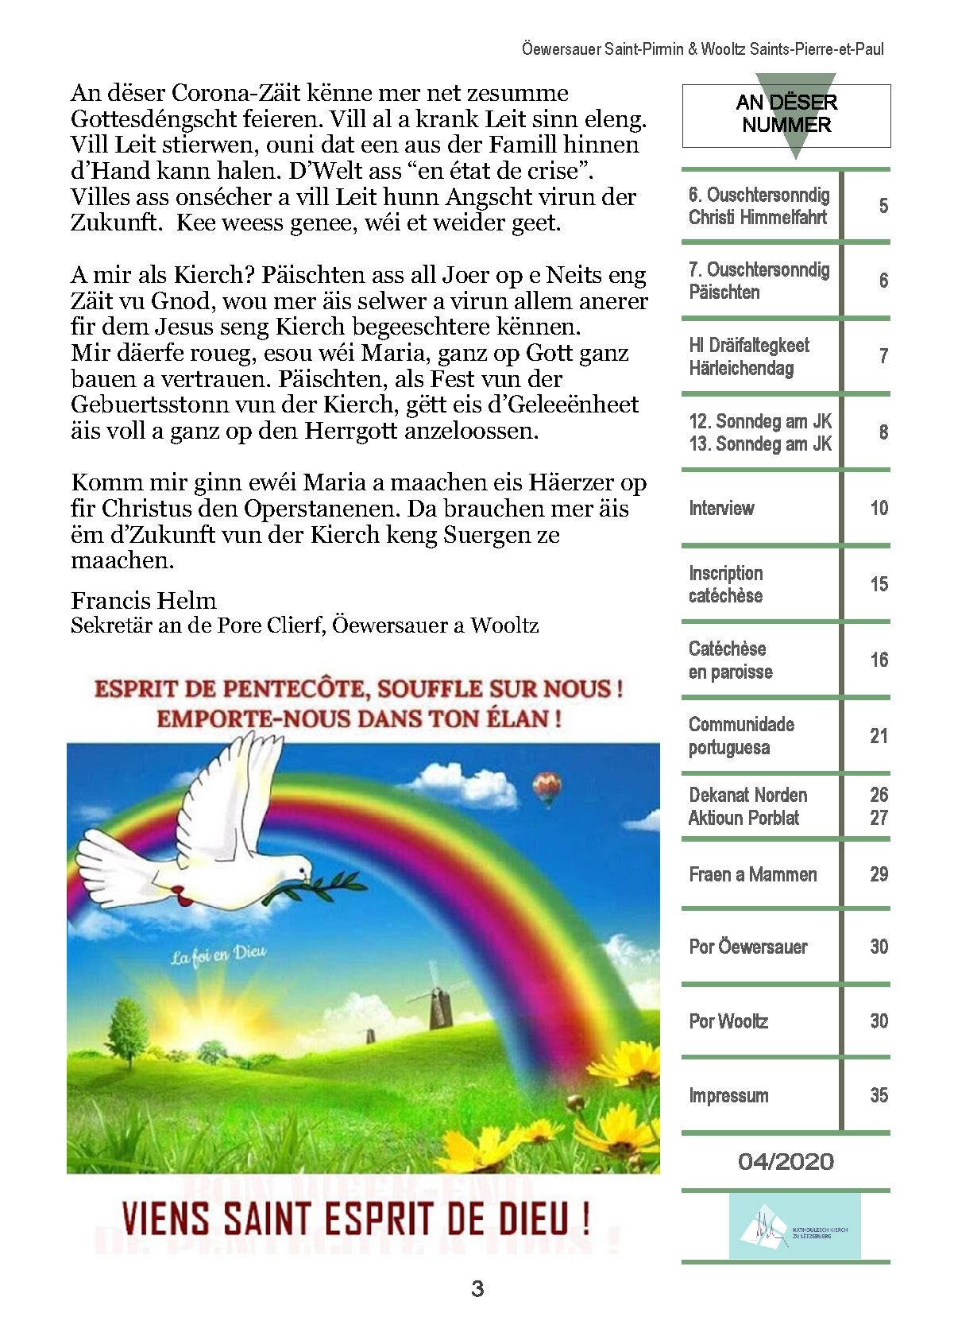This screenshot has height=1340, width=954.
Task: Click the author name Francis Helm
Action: pyautogui.click(x=143, y=600)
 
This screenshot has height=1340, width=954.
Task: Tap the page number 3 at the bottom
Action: pyautogui.click(x=477, y=1288)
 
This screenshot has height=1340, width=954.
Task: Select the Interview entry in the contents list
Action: pyautogui.click(x=721, y=508)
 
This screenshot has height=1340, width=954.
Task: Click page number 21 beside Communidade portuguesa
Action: pyautogui.click(x=879, y=736)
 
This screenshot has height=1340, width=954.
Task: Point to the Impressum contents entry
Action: pyautogui.click(x=728, y=1095)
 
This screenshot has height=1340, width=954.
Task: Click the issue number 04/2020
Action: pyautogui.click(x=786, y=1162)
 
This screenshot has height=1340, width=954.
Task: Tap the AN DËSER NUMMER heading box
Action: pyautogui.click(x=786, y=114)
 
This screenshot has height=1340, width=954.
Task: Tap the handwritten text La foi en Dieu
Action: pyautogui.click(x=218, y=954)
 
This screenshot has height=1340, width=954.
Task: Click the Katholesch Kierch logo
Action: pyautogui.click(x=794, y=1226)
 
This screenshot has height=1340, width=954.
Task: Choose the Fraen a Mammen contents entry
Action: pyautogui.click(x=752, y=874)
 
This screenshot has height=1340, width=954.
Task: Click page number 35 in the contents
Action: pyautogui.click(x=879, y=1095)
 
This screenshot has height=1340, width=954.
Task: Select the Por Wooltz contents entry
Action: pyautogui.click(x=728, y=1021)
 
